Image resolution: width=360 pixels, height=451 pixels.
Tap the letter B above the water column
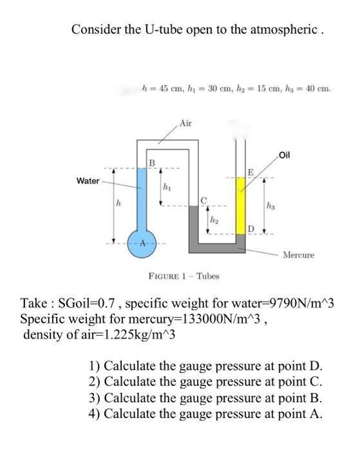coord(151,162)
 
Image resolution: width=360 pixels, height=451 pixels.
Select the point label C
coord(205,200)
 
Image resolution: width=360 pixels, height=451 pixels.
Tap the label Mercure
coord(299,254)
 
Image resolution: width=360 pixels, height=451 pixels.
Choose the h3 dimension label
coord(270,206)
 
